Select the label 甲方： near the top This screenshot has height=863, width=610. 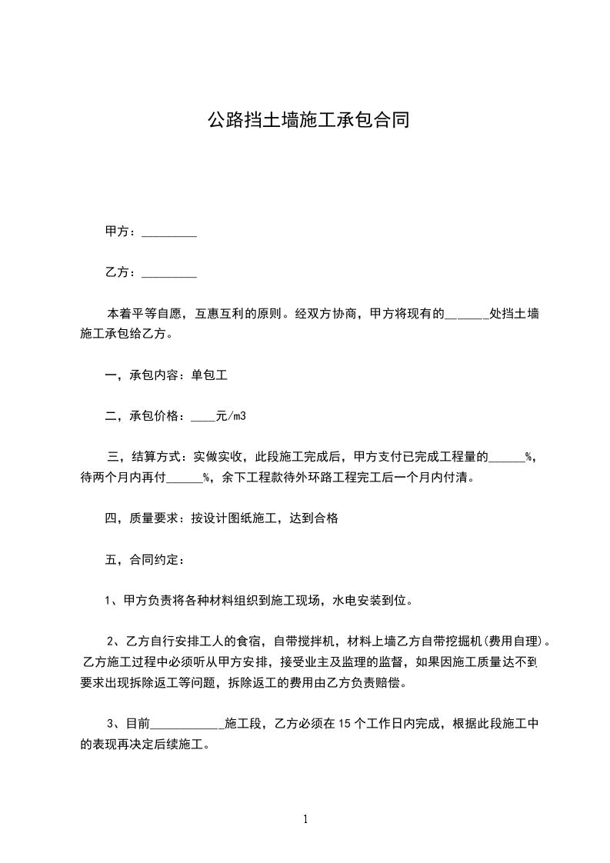tap(121, 232)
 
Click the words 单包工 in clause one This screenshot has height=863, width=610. tap(210, 376)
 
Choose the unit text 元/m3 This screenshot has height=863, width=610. tap(232, 416)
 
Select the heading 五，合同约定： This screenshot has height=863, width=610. tap(144, 559)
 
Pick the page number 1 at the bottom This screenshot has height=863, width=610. tap(305, 820)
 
